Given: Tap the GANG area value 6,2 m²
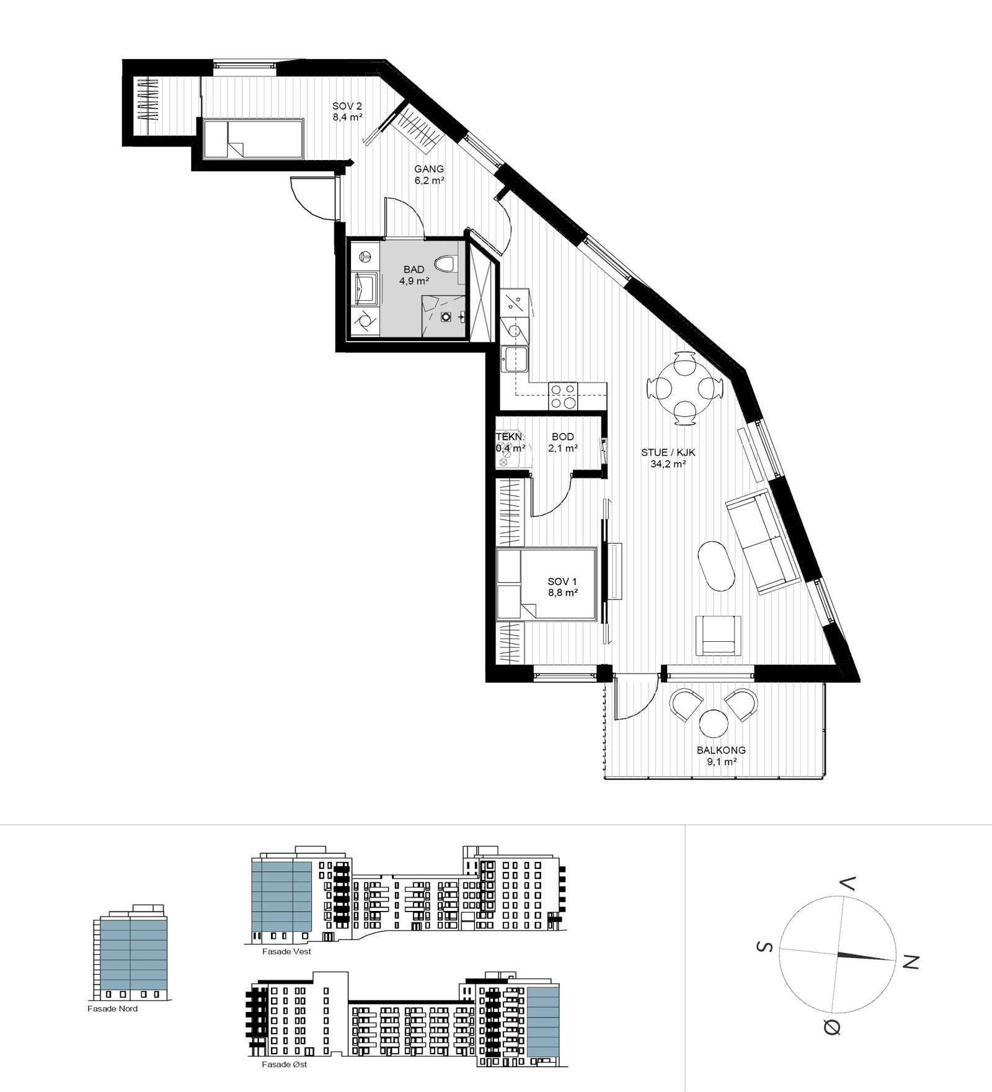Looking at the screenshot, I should [x=429, y=181].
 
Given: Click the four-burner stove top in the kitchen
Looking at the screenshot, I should [x=562, y=396].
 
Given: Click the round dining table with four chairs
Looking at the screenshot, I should [x=684, y=389].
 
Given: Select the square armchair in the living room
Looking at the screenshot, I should [x=719, y=636].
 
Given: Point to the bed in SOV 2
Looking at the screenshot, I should [x=253, y=138].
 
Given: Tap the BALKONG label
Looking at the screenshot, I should [x=721, y=750].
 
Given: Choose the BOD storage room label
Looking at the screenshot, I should [x=563, y=437].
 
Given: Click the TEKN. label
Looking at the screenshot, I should [x=510, y=437].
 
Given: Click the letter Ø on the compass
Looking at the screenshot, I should [x=833, y=1028].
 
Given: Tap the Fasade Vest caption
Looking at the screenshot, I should [x=286, y=951].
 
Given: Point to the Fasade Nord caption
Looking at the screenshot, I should [x=113, y=1009].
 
